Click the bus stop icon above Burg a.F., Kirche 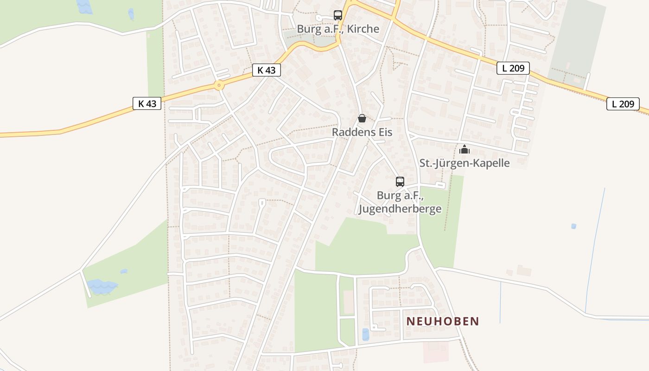tap(337, 15)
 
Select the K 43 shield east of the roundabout tap(267, 70)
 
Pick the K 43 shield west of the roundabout tap(147, 103)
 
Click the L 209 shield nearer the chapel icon tap(513, 68)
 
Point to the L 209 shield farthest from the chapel tap(623, 104)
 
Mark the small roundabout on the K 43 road tap(219, 85)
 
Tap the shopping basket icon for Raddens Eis tap(362, 118)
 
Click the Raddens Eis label tap(362, 132)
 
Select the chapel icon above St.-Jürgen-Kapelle tap(464, 149)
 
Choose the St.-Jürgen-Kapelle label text tap(464, 163)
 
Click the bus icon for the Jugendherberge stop tap(400, 182)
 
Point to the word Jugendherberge tap(400, 209)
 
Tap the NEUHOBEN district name tap(443, 321)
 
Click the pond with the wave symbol tap(102, 287)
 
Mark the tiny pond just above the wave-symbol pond tap(123, 271)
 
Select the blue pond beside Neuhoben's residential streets tap(366, 334)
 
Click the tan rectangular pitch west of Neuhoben tap(349, 302)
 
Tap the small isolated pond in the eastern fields tap(574, 226)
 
